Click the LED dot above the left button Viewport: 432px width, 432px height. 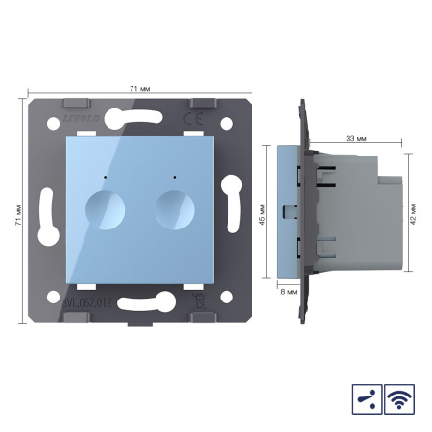pos(102,179)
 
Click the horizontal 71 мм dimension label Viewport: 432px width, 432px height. pos(137,87)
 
